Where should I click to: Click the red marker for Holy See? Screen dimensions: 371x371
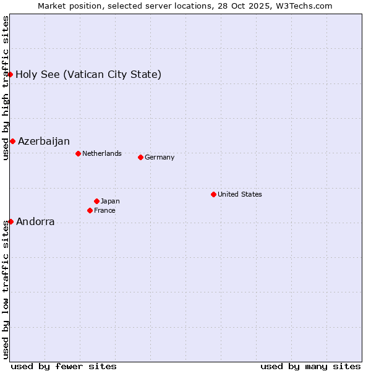(x=10, y=74)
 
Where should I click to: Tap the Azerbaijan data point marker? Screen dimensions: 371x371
(x=12, y=141)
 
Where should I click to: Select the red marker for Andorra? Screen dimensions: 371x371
(x=11, y=221)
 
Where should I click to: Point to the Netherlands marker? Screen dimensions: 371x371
(x=78, y=153)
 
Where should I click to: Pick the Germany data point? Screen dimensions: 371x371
(x=140, y=157)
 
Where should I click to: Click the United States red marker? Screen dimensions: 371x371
(x=213, y=194)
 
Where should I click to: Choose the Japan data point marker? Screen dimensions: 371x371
(x=96, y=201)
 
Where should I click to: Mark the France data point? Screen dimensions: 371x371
(x=90, y=210)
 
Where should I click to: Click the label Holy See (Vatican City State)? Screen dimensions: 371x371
(x=88, y=75)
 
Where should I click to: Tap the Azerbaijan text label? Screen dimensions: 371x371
(x=44, y=142)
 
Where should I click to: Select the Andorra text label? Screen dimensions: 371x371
(x=35, y=222)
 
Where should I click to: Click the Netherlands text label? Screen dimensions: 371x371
(x=102, y=153)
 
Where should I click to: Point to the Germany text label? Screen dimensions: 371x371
(x=160, y=157)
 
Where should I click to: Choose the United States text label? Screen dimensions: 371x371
(x=240, y=194)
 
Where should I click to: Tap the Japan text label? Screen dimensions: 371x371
(x=110, y=201)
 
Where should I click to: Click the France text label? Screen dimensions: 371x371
(x=104, y=210)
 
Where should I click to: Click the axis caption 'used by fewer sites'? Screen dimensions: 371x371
(x=64, y=366)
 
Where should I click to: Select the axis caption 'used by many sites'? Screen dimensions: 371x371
(x=310, y=366)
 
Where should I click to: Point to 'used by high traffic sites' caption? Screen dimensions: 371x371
(x=6, y=88)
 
